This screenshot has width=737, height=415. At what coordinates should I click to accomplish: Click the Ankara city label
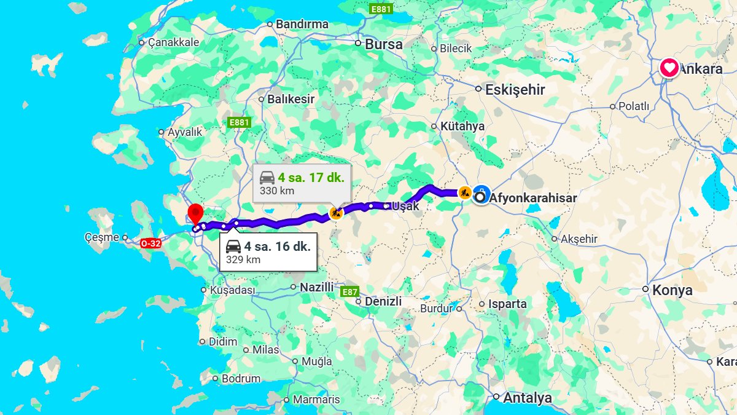(701, 69)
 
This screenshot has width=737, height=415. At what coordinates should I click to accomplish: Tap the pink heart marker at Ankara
(669, 68)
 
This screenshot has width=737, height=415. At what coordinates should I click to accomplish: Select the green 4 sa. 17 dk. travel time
(311, 178)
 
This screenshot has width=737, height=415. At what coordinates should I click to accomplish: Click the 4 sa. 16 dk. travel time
(277, 247)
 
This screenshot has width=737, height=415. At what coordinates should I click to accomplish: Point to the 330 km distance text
(277, 191)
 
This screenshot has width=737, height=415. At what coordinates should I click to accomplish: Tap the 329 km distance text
(243, 259)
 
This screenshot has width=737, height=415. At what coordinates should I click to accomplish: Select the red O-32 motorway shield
(150, 243)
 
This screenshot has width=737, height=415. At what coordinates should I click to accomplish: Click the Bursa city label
(384, 44)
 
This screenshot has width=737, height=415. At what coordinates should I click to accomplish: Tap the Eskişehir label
(515, 90)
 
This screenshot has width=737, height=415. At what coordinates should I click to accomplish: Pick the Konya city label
(672, 290)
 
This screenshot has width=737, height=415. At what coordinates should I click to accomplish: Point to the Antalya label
(527, 398)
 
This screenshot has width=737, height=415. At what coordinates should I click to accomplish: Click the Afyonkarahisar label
(534, 198)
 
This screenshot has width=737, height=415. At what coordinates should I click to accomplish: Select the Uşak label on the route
(405, 206)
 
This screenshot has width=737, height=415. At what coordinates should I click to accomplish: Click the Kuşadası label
(232, 290)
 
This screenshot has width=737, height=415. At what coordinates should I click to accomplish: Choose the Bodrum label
(241, 379)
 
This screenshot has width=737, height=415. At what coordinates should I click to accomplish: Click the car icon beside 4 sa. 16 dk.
(233, 247)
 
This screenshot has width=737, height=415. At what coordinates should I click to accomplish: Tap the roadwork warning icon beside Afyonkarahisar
(464, 192)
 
